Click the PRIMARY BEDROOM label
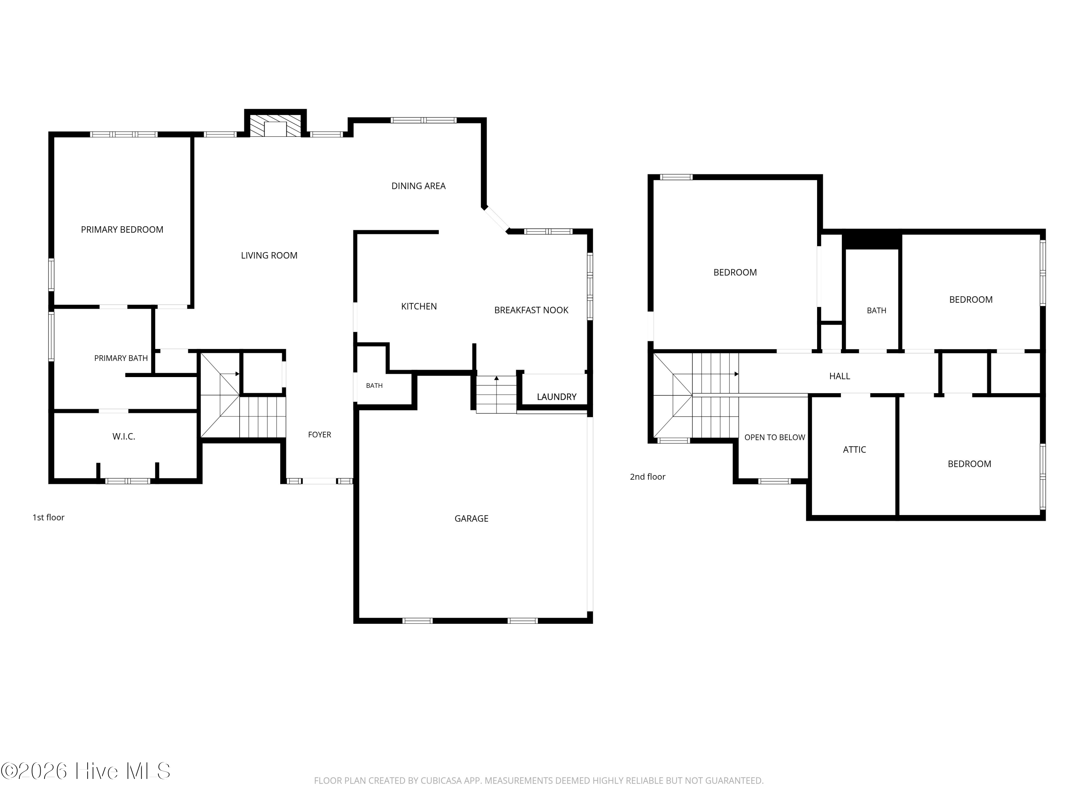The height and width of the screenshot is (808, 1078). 122,229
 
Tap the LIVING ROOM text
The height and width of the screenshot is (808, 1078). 269,255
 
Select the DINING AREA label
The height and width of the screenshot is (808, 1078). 418,186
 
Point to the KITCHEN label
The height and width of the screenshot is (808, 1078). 419,306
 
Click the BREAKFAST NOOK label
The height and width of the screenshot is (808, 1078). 531,310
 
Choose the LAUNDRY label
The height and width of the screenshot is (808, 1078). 557,397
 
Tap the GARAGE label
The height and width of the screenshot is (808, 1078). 471,519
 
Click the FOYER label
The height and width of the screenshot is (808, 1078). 319,435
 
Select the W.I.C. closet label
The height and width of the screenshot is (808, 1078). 124,436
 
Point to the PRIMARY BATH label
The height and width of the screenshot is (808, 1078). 121,358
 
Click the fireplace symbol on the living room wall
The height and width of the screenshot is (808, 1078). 275,126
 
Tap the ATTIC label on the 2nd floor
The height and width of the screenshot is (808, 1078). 854,450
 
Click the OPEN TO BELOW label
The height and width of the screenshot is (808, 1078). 774,437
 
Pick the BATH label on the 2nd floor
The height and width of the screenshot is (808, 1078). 876,310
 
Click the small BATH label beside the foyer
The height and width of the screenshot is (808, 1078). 374,386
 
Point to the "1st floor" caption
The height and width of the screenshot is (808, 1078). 48,517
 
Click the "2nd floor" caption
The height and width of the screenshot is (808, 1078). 647,477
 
